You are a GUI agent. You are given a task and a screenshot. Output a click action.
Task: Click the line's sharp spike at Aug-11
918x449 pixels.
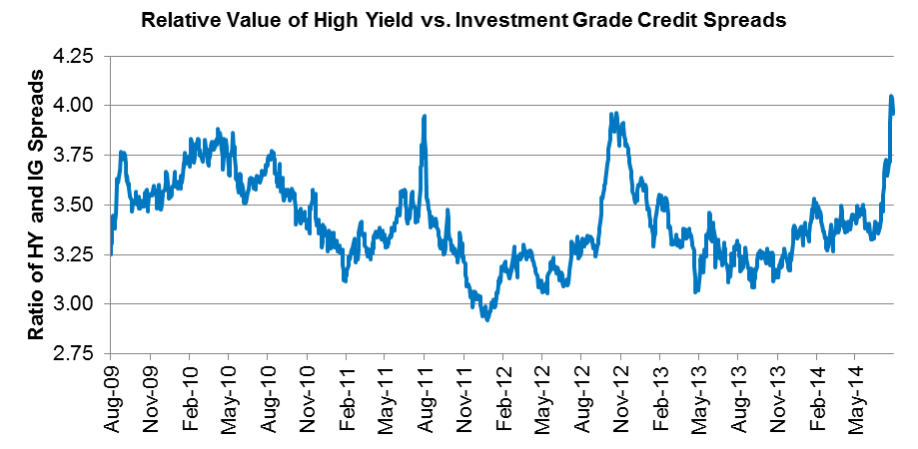(425, 117)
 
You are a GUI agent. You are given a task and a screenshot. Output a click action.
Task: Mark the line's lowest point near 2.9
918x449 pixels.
(486, 319)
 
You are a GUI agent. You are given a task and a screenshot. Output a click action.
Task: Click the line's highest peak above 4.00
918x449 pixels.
(891, 97)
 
